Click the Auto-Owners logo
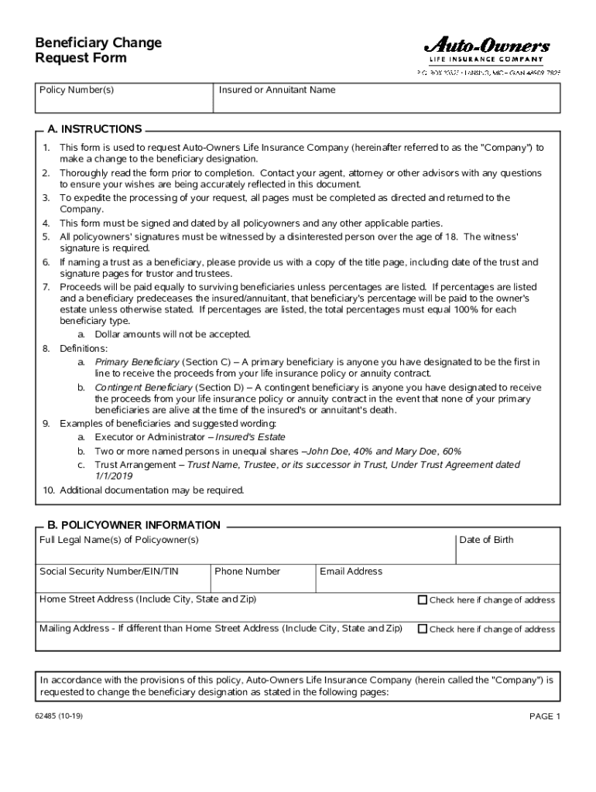[486, 49]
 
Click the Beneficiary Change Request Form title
[98, 50]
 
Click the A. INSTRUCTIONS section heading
[94, 129]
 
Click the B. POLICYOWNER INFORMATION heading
[134, 525]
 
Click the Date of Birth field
[506, 549]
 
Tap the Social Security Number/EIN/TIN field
[123, 579]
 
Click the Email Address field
[437, 579]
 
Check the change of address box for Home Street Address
[423, 599]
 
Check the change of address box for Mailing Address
[423, 629]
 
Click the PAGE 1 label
[544, 716]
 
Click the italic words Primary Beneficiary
[137, 362]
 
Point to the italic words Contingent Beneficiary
[142, 387]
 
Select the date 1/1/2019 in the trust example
[114, 476]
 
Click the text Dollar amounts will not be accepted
[173, 334]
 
